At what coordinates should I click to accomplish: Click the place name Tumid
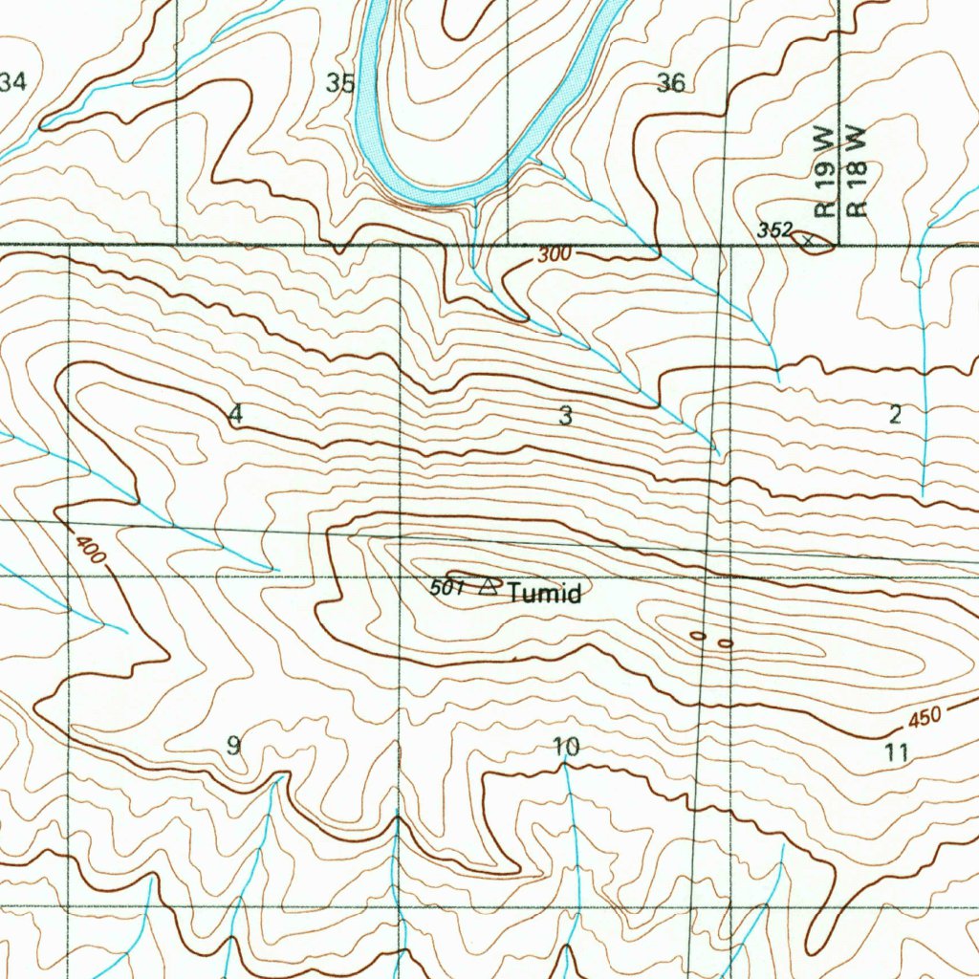pyautogui.click(x=544, y=594)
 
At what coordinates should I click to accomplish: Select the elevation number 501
pyautogui.click(x=446, y=588)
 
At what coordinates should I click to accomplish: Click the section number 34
pyautogui.click(x=12, y=83)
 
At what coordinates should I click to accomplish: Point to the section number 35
pyautogui.click(x=340, y=83)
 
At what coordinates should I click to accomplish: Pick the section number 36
pyautogui.click(x=671, y=83)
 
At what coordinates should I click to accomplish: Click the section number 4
pyautogui.click(x=236, y=415)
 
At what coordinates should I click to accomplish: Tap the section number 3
pyautogui.click(x=566, y=415)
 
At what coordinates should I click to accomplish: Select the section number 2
pyautogui.click(x=895, y=414)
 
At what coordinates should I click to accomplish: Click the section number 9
pyautogui.click(x=233, y=746)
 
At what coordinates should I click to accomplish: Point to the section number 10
pyautogui.click(x=566, y=746)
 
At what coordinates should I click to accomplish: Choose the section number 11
pyautogui.click(x=896, y=751)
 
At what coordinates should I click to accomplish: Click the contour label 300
pyautogui.click(x=553, y=255)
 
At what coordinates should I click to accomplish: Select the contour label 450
pyautogui.click(x=925, y=717)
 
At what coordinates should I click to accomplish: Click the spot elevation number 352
pyautogui.click(x=774, y=229)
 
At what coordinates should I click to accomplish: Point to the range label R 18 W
pyautogui.click(x=857, y=171)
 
